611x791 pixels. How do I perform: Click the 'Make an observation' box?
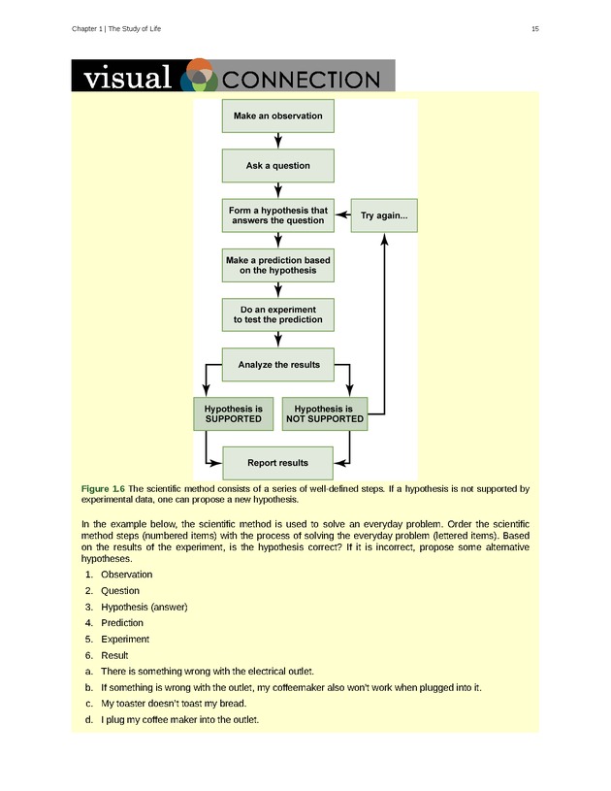pos(277,116)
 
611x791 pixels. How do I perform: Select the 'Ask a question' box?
pos(277,166)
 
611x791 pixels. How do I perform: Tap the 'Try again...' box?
pos(384,215)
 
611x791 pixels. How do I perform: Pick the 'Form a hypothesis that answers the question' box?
pos(277,215)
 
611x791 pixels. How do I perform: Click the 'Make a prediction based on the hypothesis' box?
pos(277,265)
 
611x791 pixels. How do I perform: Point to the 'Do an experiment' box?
pos(277,314)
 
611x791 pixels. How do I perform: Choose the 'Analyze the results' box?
pos(277,365)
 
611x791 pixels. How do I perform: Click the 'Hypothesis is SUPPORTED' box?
pos(228,414)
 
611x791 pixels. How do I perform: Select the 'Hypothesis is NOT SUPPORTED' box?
pos(325,414)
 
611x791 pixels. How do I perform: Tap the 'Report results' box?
pos(277,463)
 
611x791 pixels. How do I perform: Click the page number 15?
pos(534,29)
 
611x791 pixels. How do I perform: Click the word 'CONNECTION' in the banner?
pos(302,79)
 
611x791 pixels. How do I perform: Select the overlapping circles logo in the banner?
pos(199,76)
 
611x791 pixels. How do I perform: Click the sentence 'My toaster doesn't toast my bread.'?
pos(173,704)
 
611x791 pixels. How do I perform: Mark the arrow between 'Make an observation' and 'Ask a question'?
pos(278,141)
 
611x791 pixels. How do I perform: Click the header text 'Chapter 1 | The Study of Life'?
pos(116,29)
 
